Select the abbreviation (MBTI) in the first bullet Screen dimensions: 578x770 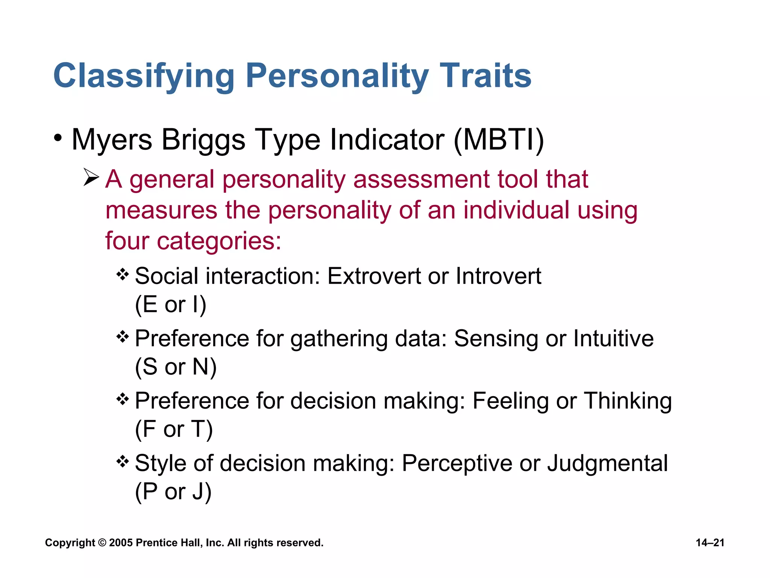click(499, 140)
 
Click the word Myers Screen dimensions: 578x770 click(112, 140)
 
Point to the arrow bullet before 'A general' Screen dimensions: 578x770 click(91, 177)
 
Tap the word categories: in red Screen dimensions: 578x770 click(219, 241)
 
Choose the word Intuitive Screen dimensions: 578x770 click(613, 338)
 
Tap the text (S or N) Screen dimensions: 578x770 click(176, 367)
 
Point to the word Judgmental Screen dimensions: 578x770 click(608, 463)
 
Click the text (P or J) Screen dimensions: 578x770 click(173, 491)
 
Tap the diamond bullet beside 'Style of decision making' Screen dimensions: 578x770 click(123, 461)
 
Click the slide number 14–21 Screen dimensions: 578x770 click(710, 543)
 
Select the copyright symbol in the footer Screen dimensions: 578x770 click(102, 543)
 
